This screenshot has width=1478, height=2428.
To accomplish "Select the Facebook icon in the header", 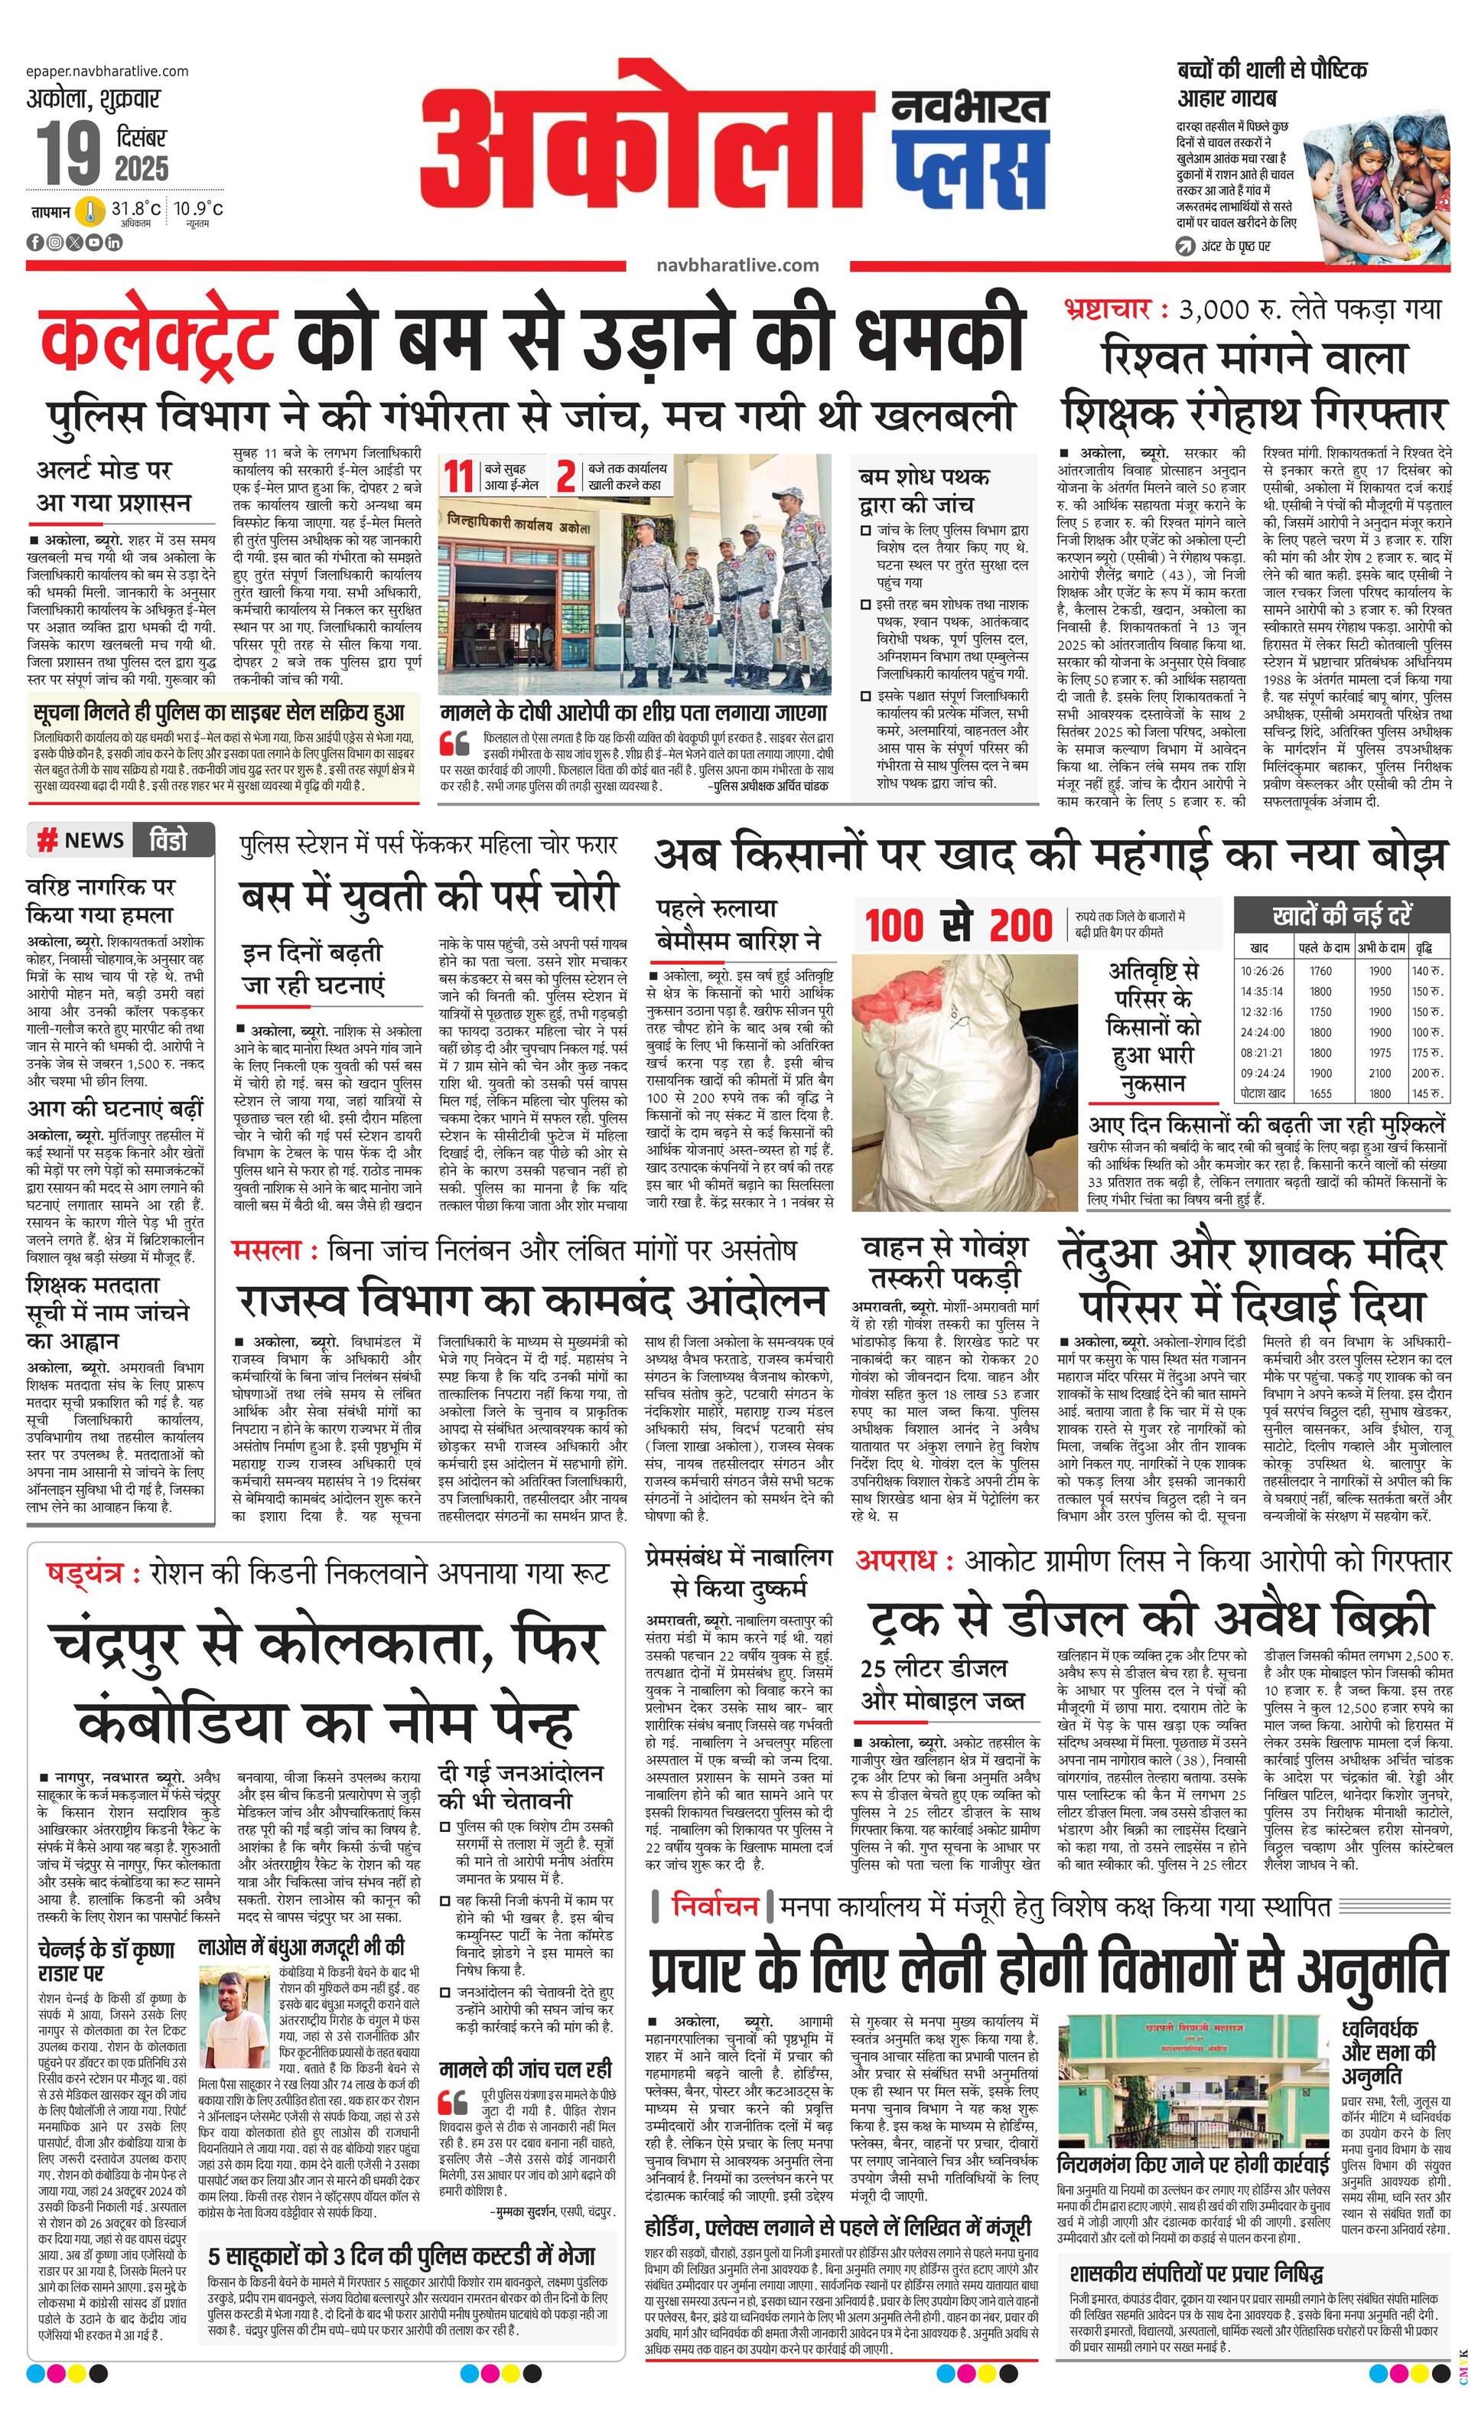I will pyautogui.click(x=35, y=241).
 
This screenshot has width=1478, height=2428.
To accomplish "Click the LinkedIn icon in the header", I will pyautogui.click(x=114, y=241).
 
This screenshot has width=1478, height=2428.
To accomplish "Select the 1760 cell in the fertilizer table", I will pyautogui.click(x=1320, y=970).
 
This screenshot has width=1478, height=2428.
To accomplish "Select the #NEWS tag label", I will pyautogui.click(x=81, y=840).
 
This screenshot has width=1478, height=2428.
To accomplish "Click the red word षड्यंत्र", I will pyautogui.click(x=86, y=1572).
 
